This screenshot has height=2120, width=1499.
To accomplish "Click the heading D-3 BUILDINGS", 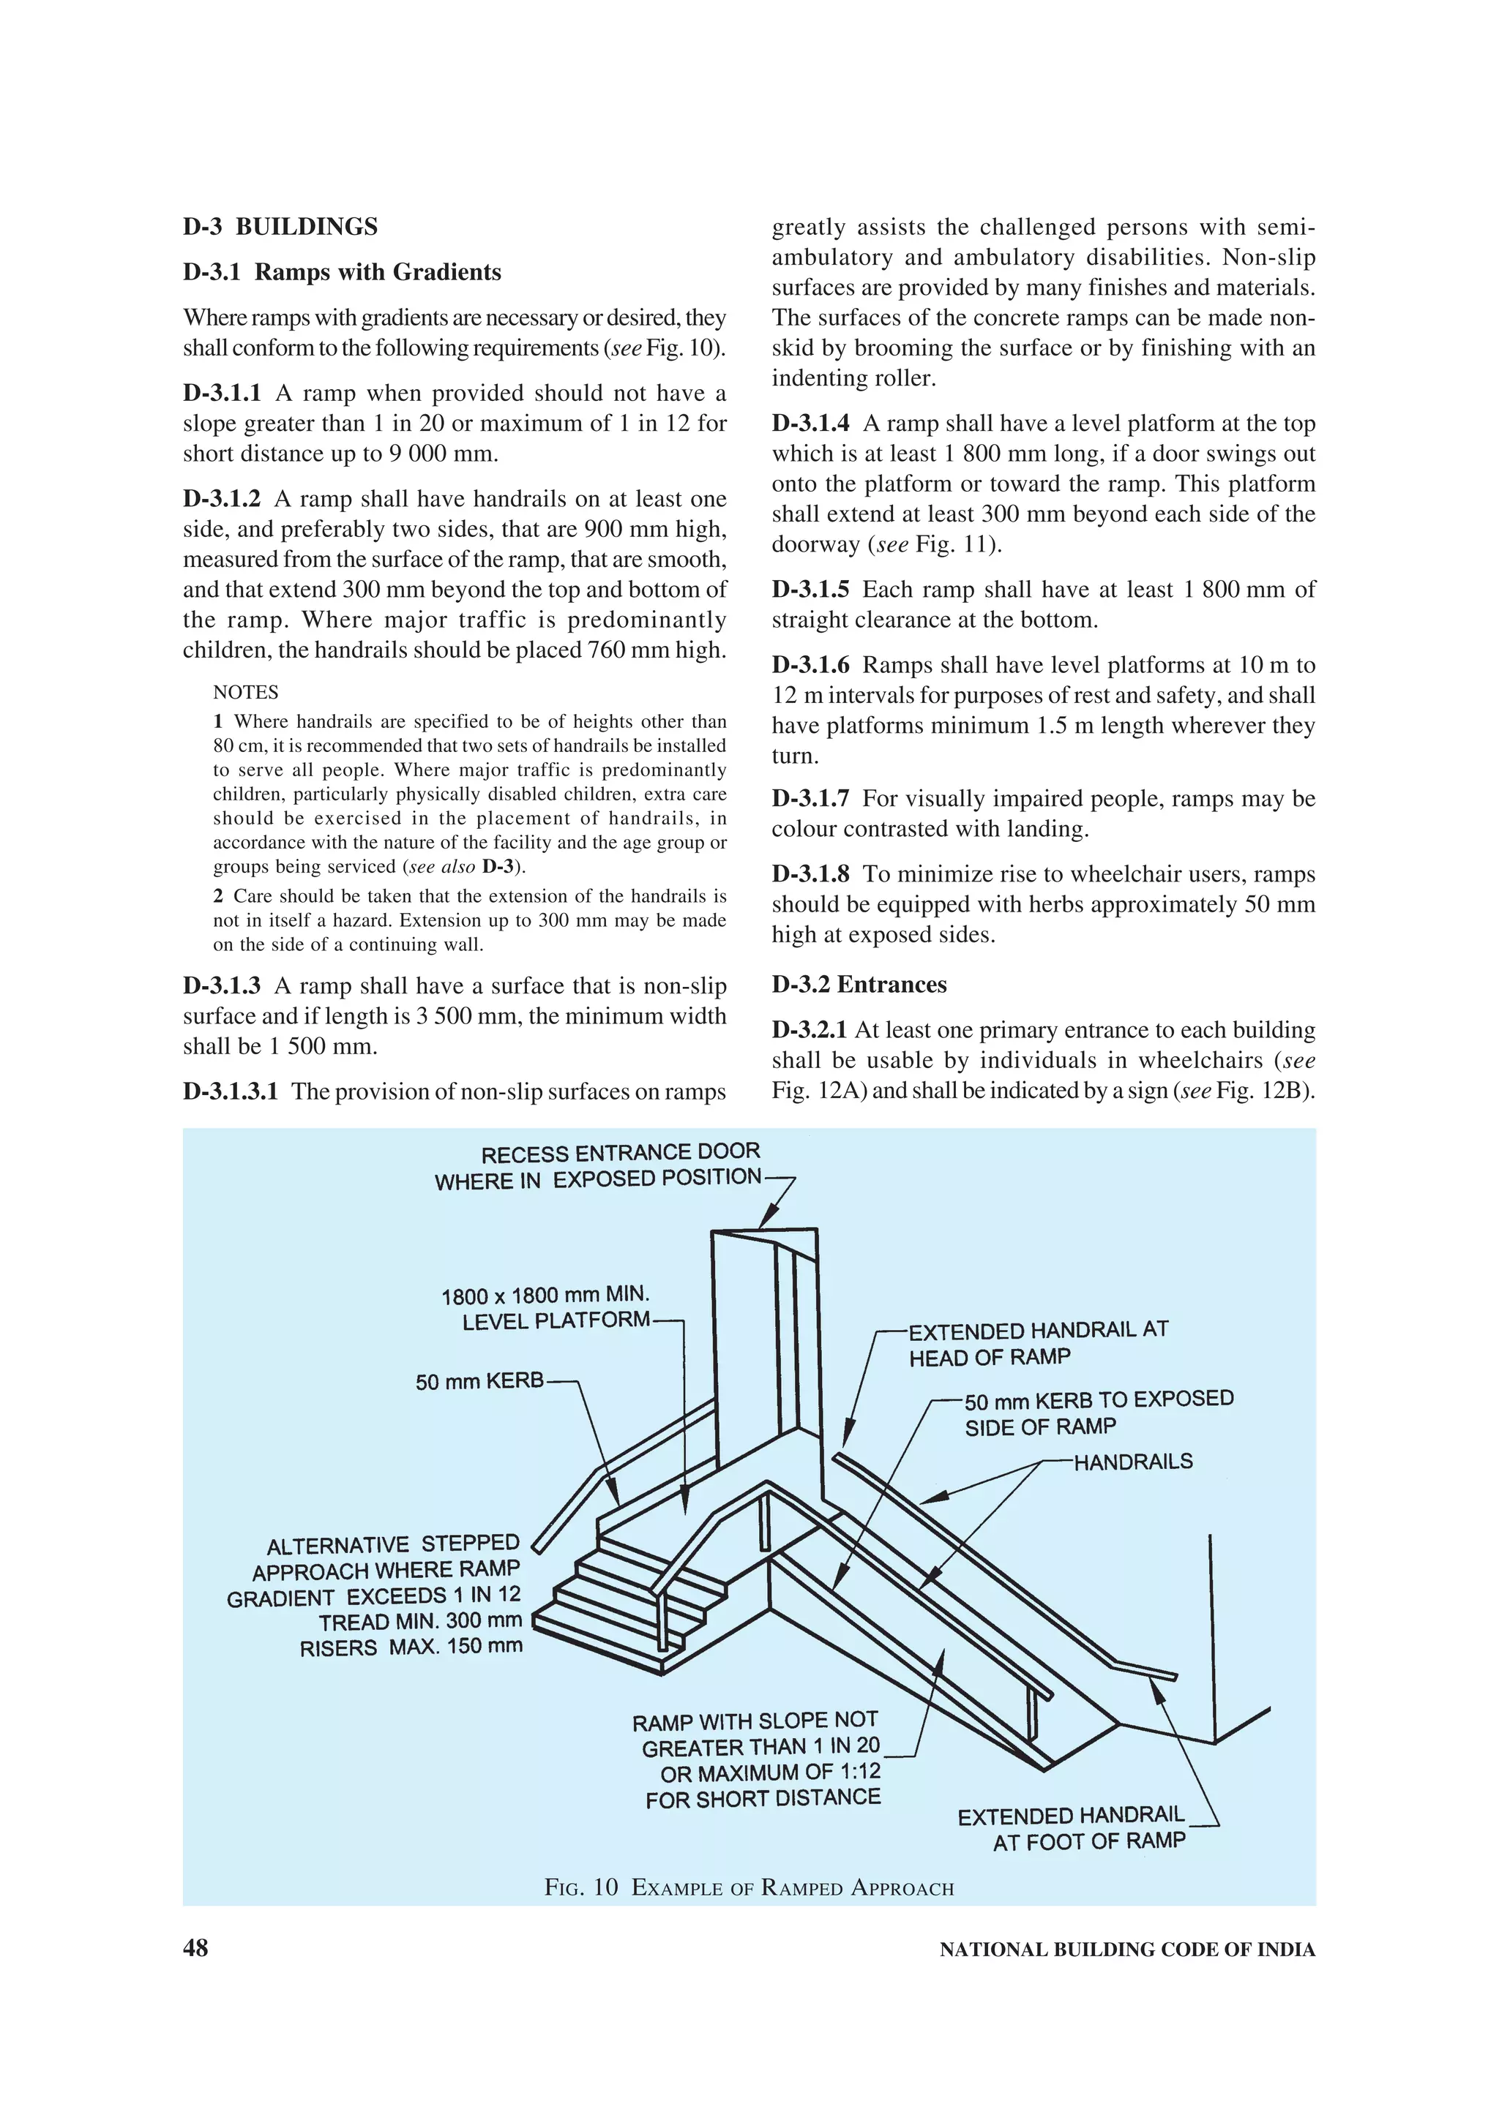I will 280,227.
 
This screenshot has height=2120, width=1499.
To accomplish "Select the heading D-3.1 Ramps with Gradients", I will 342,272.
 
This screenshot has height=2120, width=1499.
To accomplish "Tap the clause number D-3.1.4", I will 810,424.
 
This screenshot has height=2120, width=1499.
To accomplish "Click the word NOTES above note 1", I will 246,693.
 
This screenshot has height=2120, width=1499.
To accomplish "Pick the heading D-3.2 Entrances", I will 859,985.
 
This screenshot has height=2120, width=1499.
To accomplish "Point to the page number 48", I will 196,1948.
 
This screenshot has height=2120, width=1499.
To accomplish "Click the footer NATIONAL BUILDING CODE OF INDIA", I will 1126,1950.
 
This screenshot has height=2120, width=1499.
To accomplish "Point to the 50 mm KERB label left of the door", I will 479,1383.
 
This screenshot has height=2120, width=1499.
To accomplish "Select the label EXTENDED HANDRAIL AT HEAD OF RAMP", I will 1037,1343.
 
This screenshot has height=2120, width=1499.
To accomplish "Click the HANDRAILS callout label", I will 1132,1462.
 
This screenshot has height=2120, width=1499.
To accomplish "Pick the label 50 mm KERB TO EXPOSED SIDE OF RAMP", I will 1098,1413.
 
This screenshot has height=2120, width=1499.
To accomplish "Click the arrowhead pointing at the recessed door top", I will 766,1222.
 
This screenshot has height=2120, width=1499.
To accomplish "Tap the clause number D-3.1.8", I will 810,874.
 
